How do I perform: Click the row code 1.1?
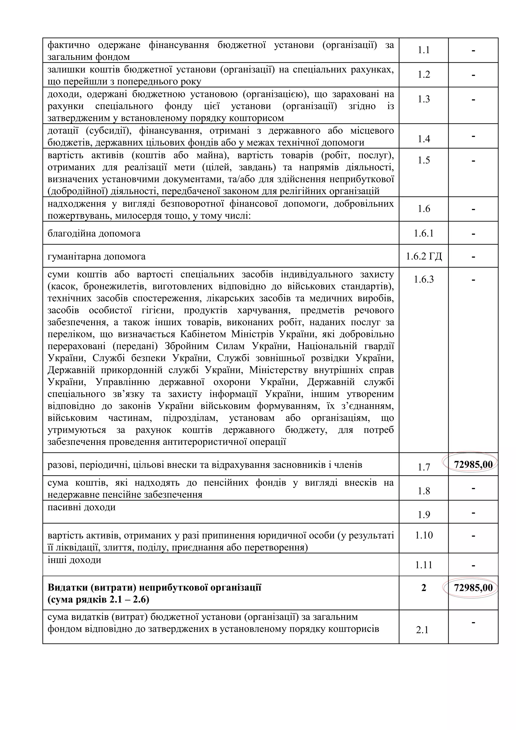[x=424, y=50]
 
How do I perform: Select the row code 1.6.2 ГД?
[x=424, y=256]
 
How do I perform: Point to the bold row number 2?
[x=424, y=588]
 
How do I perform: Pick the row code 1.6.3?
[x=424, y=279]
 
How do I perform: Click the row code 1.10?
[x=424, y=535]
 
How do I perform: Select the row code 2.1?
[x=422, y=630]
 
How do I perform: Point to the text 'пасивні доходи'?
[x=81, y=507]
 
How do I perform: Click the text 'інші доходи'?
[x=74, y=559]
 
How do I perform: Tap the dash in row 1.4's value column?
[x=473, y=136]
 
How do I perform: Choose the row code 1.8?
[x=424, y=491]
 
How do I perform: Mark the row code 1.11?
[x=424, y=565]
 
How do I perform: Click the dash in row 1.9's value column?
[x=473, y=513]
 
